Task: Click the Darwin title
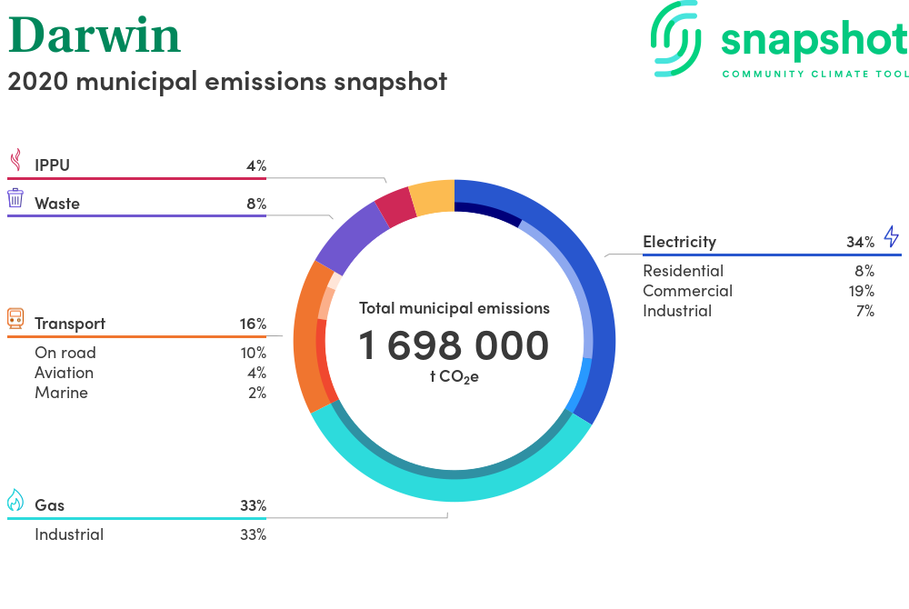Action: click(95, 35)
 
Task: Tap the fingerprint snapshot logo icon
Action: click(676, 39)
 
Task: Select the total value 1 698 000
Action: click(454, 345)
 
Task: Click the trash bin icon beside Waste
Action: click(15, 197)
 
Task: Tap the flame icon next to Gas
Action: click(15, 500)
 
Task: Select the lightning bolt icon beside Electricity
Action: click(892, 236)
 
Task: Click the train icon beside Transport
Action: click(15, 318)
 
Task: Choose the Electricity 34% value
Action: click(860, 242)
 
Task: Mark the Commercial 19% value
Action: click(862, 291)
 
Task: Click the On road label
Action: click(65, 353)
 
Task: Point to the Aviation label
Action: click(64, 373)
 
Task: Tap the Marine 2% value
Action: click(257, 393)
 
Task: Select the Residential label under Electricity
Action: click(683, 271)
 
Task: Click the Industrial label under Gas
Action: click(69, 534)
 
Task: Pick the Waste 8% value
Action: click(256, 204)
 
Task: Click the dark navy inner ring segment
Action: click(488, 213)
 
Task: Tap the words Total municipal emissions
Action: click(454, 308)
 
